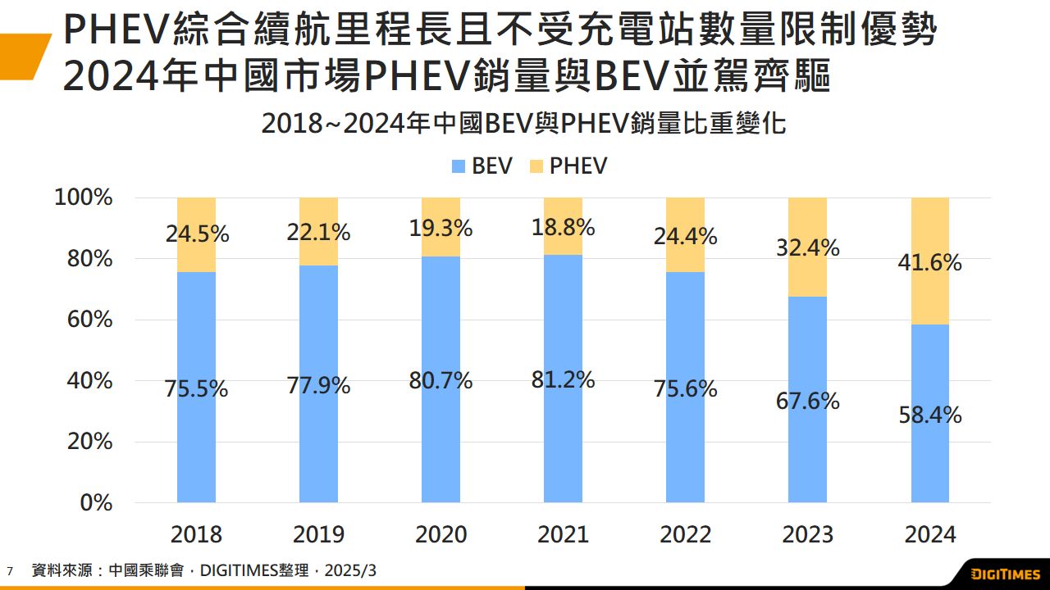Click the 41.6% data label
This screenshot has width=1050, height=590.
[x=929, y=263]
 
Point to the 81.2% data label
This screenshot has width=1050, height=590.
[x=563, y=380]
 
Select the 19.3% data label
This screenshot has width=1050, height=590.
[x=441, y=229]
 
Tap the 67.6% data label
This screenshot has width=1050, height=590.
[x=807, y=402]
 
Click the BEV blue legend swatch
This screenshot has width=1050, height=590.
[x=459, y=166]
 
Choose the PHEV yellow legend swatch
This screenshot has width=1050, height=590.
[x=537, y=166]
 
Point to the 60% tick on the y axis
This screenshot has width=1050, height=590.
[x=83, y=320]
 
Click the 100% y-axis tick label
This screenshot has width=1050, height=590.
[x=83, y=197]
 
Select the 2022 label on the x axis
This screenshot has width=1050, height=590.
[x=685, y=534]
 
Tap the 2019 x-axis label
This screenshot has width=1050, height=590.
[x=318, y=534]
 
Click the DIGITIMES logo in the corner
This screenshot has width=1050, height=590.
[x=1005, y=572]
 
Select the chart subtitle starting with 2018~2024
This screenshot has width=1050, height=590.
[x=523, y=124]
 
